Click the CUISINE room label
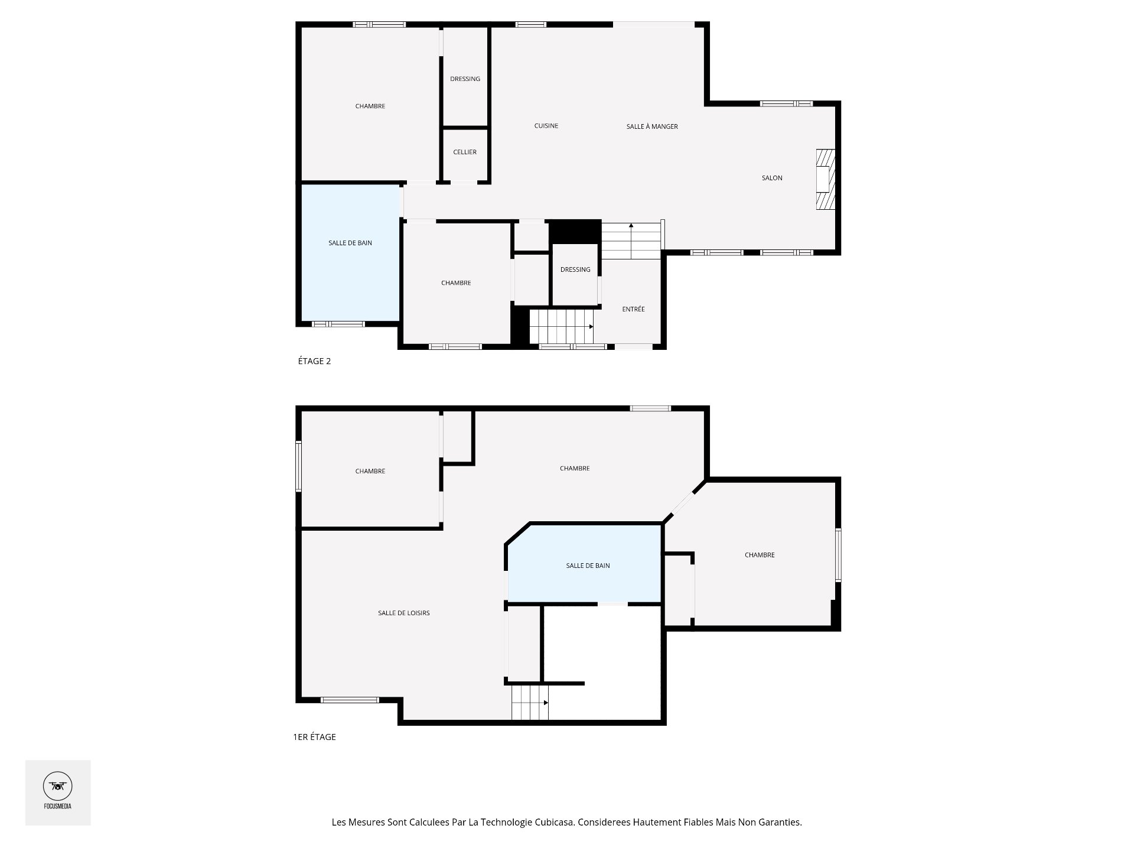(546, 126)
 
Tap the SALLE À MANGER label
(652, 126)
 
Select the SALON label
(772, 178)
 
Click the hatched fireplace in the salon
(825, 179)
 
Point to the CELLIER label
(465, 152)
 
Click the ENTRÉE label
(633, 309)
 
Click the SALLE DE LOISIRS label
(404, 613)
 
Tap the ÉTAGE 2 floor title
(314, 361)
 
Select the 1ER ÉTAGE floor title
(314, 737)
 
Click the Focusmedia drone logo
(58, 787)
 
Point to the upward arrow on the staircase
(631, 226)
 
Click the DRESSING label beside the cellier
(465, 79)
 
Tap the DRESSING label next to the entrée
(575, 269)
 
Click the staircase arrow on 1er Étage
(545, 703)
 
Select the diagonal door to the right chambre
(683, 503)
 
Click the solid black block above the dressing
(575, 230)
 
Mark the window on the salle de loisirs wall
(350, 700)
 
